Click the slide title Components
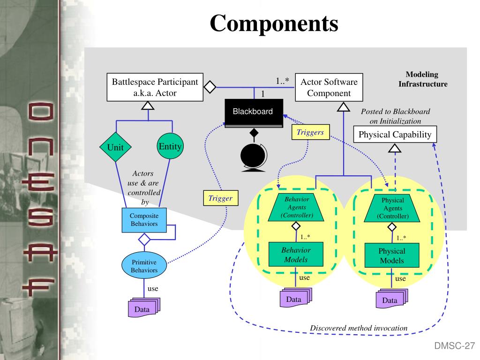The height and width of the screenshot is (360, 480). (x=274, y=23)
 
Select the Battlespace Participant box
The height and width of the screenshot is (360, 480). (x=155, y=87)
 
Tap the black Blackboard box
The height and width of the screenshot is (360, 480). (x=254, y=113)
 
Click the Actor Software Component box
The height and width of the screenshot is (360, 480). (x=329, y=87)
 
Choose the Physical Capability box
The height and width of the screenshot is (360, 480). (x=395, y=135)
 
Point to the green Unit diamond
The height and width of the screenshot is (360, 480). (x=115, y=147)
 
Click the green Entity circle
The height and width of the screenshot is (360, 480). (x=170, y=146)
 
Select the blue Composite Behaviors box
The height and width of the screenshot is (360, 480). (x=144, y=220)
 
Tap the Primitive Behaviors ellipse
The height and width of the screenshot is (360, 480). (x=144, y=266)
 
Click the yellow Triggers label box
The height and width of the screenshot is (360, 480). (x=310, y=132)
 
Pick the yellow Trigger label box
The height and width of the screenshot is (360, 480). (x=221, y=198)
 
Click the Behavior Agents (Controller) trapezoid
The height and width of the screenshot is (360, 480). (x=296, y=207)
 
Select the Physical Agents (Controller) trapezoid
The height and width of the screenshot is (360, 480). (x=392, y=208)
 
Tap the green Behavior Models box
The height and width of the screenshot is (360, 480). (x=296, y=255)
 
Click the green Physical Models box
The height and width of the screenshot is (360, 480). (x=392, y=255)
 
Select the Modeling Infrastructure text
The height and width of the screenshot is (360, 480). (x=423, y=79)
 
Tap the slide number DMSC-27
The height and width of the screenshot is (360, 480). (x=455, y=346)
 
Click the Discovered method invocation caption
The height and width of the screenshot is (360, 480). (x=359, y=328)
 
